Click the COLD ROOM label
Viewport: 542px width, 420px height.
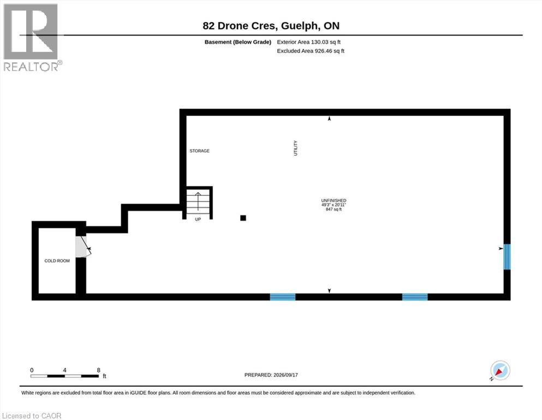(x=57, y=261)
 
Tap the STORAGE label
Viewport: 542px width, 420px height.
(x=199, y=151)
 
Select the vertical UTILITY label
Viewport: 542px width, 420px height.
(x=295, y=148)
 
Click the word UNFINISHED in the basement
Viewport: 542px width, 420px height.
(x=333, y=201)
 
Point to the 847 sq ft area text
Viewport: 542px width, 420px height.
(x=333, y=209)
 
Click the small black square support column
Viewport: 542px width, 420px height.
(x=243, y=218)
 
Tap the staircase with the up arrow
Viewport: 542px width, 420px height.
(x=198, y=202)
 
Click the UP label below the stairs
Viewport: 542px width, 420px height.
(x=198, y=219)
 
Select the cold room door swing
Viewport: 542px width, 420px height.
(x=84, y=247)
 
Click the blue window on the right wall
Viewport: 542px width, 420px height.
(x=507, y=256)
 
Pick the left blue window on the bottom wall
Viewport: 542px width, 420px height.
(x=282, y=297)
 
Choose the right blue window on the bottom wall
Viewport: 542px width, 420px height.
(x=415, y=297)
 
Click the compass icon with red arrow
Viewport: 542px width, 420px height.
(x=500, y=370)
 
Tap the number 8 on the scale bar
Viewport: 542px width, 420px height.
(x=98, y=370)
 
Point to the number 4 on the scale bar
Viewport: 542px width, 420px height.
(x=64, y=370)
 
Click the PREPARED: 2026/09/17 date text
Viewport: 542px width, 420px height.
(x=271, y=375)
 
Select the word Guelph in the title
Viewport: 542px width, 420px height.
(x=299, y=26)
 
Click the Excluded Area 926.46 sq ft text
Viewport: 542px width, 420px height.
(x=311, y=51)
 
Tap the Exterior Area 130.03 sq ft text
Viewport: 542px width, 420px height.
(x=309, y=42)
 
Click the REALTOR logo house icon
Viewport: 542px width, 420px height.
(x=31, y=32)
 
